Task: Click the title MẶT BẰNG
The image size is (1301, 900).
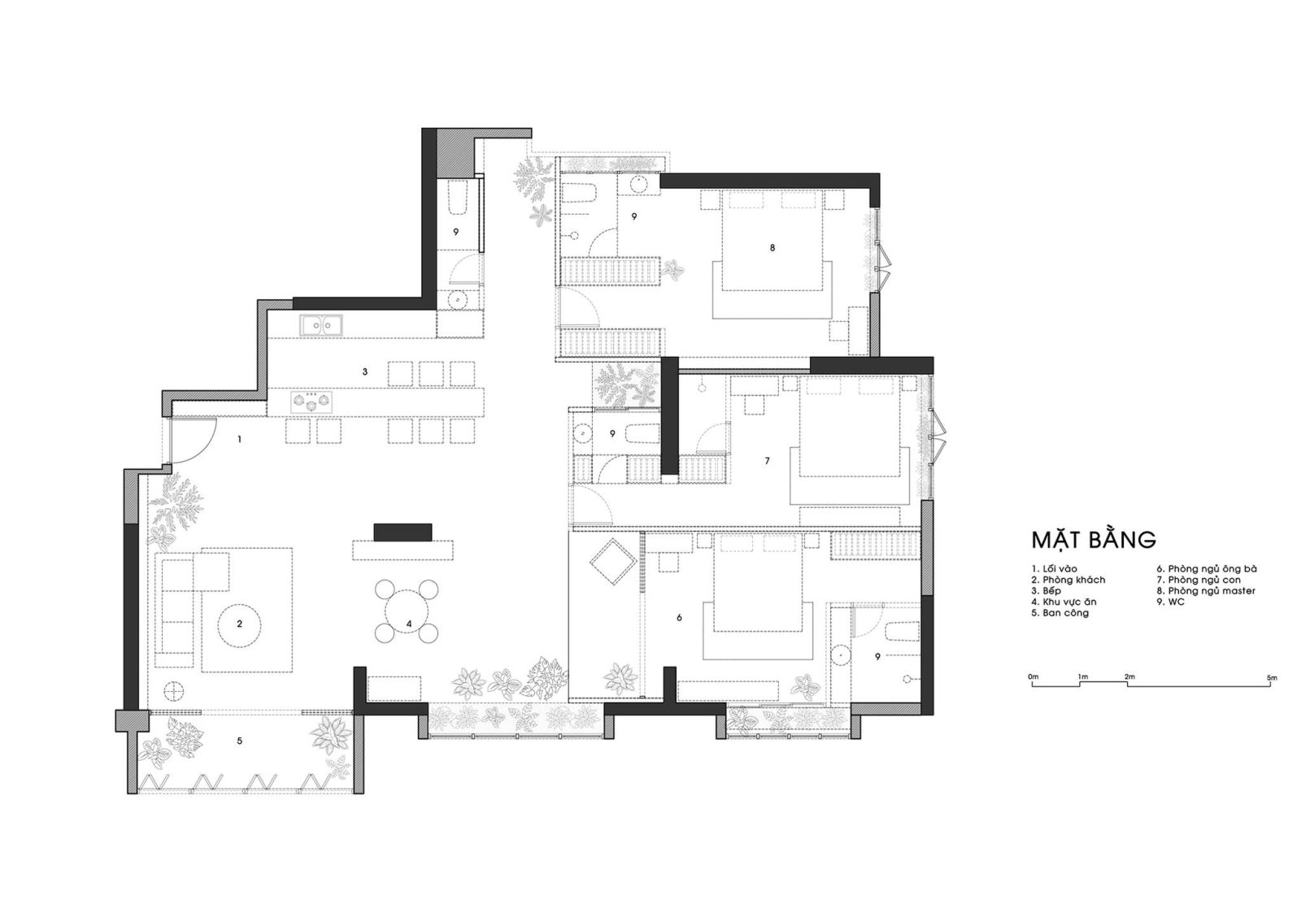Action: [x=1094, y=538]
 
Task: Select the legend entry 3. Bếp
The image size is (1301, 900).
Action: [x=1052, y=591]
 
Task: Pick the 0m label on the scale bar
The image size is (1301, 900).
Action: [x=1033, y=676]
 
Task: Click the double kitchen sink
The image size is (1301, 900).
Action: [x=321, y=325]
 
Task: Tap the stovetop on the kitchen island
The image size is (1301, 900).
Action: [x=311, y=402]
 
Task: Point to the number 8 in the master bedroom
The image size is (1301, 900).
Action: [x=772, y=248]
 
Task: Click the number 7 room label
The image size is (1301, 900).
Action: [x=768, y=461]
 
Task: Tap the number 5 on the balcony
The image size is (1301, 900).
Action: [x=239, y=741]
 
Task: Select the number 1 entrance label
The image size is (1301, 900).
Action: [x=239, y=440]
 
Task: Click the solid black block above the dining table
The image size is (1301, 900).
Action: [x=402, y=533]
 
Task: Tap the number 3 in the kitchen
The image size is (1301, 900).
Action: [x=365, y=372]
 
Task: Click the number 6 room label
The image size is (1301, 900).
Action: [x=680, y=618]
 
